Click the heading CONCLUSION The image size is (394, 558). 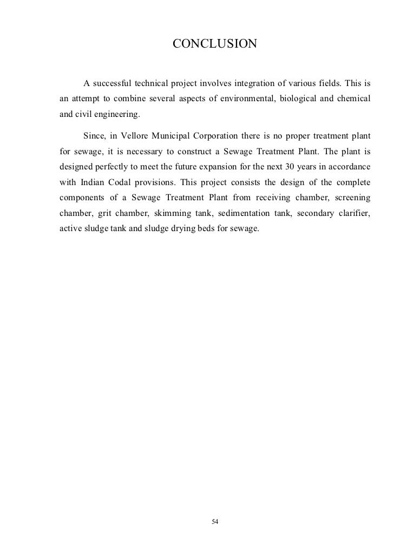[x=214, y=43]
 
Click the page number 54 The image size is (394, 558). [x=215, y=522]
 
